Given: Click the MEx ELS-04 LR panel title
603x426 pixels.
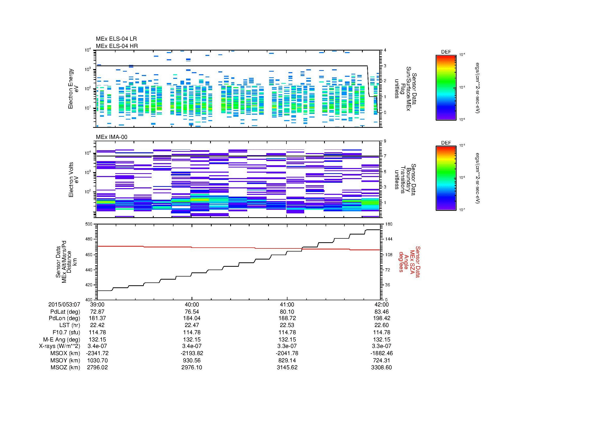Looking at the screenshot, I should (x=116, y=39).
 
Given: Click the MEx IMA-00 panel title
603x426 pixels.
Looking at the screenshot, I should (x=111, y=137).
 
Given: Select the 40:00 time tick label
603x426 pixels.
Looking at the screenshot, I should (x=192, y=304).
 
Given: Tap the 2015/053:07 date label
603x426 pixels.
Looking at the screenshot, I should (x=64, y=304).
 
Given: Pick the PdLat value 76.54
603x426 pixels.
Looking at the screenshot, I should (x=192, y=312).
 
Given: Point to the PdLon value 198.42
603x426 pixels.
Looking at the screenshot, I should (x=381, y=318).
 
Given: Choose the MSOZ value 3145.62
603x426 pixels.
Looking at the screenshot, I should (x=287, y=367).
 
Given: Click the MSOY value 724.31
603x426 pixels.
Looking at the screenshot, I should (x=381, y=360).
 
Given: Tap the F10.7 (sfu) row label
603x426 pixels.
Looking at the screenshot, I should (x=66, y=332).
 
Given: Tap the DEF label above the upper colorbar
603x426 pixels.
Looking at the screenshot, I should (x=446, y=52).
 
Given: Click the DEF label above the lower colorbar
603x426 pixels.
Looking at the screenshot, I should (x=446, y=143).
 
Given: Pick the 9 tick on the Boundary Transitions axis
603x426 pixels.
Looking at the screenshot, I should (x=385, y=141).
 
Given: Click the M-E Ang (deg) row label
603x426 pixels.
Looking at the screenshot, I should (x=62, y=339).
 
